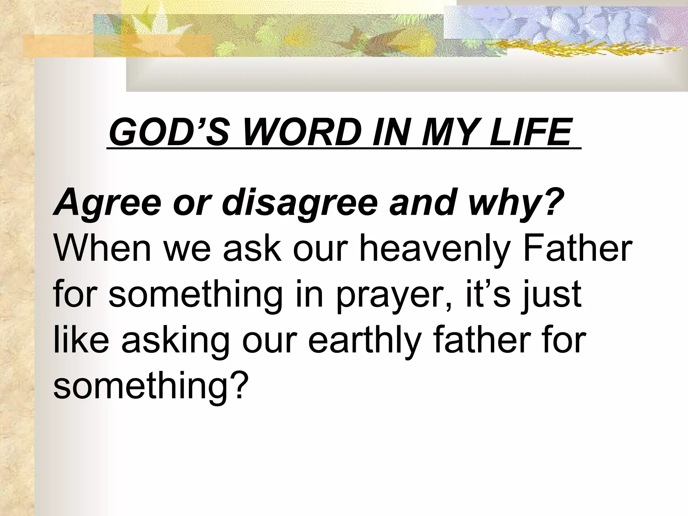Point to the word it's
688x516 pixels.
pyautogui.click(x=487, y=292)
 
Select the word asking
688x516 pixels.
pyautogui.click(x=174, y=339)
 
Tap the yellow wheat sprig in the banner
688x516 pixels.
pyautogui.click(x=571, y=49)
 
